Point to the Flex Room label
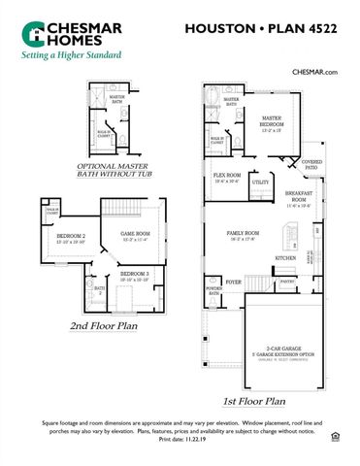(x=227, y=178)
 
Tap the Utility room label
(x=260, y=182)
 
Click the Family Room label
(x=243, y=236)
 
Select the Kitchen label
(x=285, y=257)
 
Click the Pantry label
(x=287, y=281)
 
